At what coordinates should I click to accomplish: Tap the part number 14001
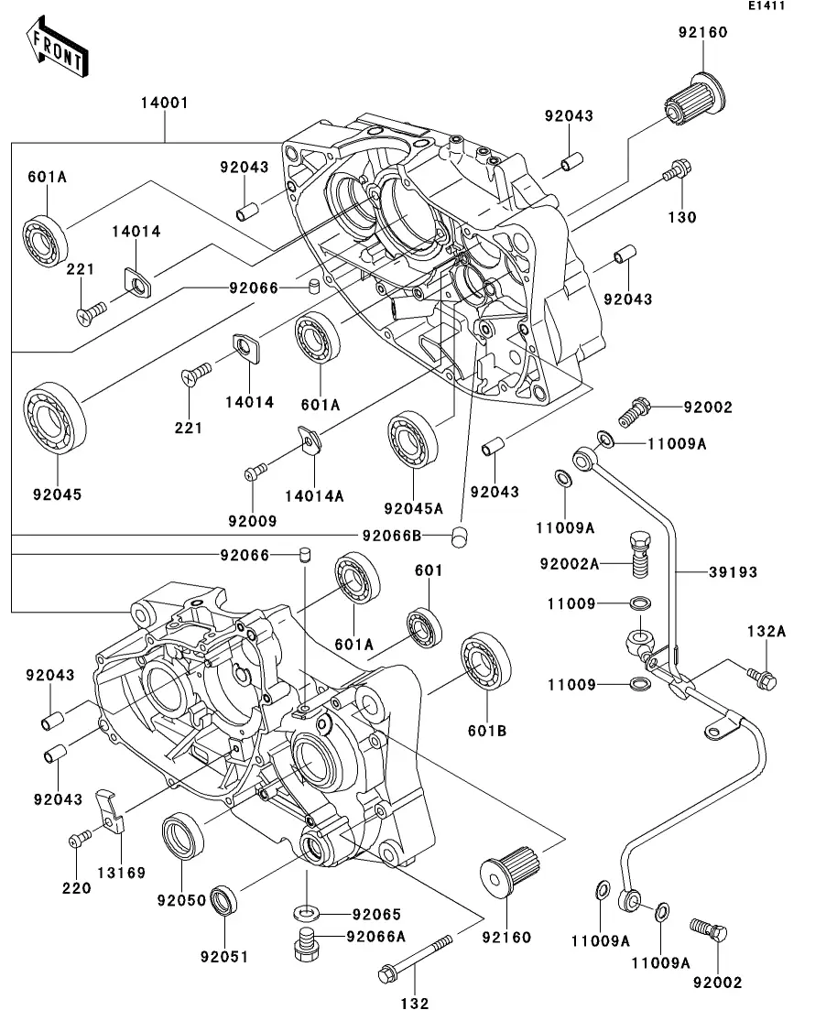coord(164,103)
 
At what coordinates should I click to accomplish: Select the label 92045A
coord(413,508)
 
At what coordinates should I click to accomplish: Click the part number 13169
coord(123,873)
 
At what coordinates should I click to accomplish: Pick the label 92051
coord(224,957)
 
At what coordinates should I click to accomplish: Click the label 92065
coord(377,914)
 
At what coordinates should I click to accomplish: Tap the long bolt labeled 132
coord(417,957)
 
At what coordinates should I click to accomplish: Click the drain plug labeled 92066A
coord(307,942)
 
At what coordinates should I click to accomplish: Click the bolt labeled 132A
coord(763,678)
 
